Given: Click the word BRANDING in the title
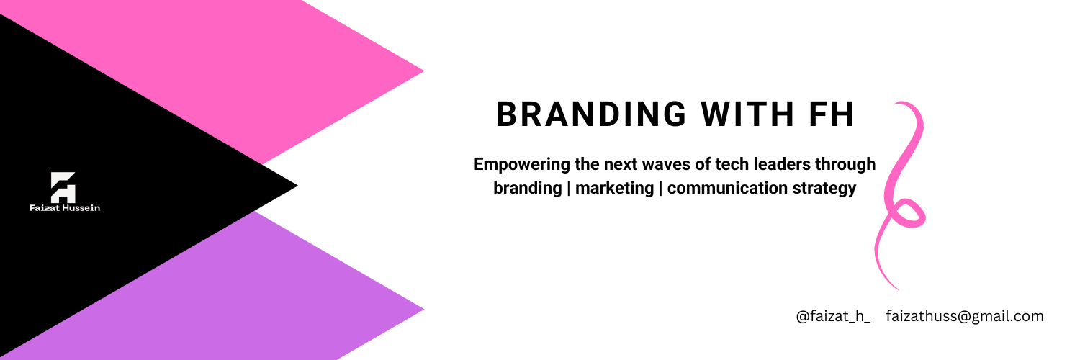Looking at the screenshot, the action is [591, 114].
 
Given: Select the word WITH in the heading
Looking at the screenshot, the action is [747, 114].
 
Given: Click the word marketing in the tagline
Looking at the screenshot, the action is [614, 189].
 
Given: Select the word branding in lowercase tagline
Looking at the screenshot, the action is [528, 189].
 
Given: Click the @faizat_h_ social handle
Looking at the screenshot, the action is [833, 317].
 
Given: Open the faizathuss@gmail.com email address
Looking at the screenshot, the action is [965, 317].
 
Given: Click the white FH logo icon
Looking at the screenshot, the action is [63, 187].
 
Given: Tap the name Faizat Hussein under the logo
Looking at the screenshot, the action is [65, 207].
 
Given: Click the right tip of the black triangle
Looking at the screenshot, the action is [297, 186].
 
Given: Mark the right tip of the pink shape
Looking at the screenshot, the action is [424, 71].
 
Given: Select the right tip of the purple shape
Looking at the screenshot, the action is [424, 309].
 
